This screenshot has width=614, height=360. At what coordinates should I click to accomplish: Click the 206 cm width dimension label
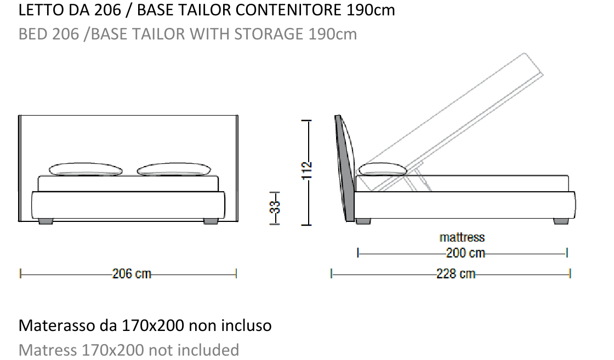pos(132,273)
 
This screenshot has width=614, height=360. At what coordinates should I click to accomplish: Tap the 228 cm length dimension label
pos(456,273)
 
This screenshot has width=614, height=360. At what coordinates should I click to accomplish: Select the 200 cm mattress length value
pos(465,253)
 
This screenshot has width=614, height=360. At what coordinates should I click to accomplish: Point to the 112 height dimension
pos(307,170)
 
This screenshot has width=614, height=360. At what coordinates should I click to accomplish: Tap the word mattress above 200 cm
pos(462,237)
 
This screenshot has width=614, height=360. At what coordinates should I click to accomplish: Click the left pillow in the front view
pos(86,169)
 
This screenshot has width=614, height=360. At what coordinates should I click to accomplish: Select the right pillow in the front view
pos(174,169)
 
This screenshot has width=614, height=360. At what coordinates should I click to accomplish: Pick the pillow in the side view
pos(383,169)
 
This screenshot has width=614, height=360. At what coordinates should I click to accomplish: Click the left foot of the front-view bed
pos(46,221)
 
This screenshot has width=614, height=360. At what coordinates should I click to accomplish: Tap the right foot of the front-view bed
pos(211,221)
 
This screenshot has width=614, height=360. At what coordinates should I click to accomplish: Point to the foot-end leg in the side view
pos(561,221)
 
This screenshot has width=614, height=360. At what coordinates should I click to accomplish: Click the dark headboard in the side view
pos(344,168)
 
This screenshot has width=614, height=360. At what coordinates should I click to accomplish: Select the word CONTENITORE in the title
pos(288,10)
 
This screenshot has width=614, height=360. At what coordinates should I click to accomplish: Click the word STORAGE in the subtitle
pos(269,34)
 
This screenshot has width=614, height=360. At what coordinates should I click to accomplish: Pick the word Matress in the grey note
pos(48,350)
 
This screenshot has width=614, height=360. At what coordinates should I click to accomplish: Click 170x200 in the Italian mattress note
pos(153,325)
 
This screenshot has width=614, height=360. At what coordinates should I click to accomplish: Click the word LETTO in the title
pos(42,10)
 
